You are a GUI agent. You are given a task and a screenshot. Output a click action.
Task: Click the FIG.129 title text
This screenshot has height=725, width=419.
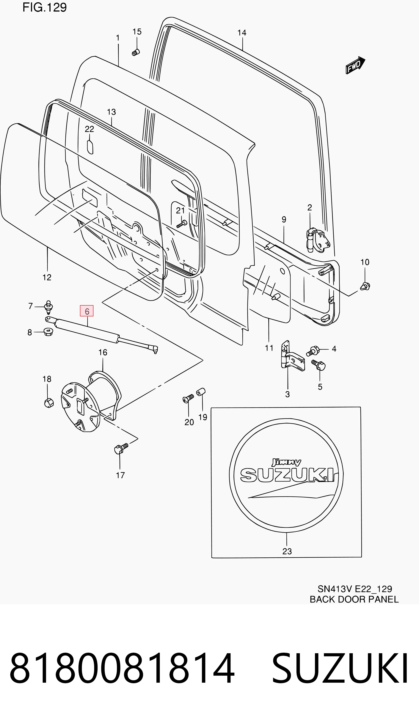[45, 7]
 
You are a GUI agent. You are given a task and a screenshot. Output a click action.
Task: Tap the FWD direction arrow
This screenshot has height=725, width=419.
[355, 65]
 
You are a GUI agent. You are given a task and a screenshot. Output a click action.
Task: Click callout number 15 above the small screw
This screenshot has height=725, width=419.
[137, 32]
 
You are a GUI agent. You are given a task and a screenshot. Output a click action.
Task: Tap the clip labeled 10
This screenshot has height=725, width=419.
[365, 286]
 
